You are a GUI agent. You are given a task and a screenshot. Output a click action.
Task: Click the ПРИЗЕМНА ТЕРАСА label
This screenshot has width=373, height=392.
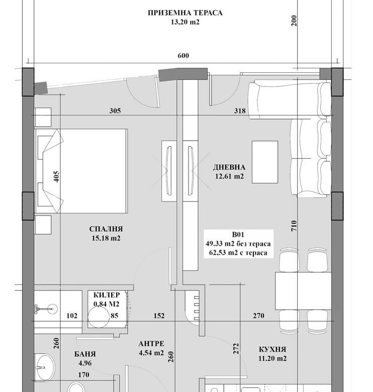click(x=184, y=13)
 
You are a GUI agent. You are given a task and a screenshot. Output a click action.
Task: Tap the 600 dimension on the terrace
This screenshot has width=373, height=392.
click(x=183, y=56)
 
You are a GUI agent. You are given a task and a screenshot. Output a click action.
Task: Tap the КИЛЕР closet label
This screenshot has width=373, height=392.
click(x=107, y=295)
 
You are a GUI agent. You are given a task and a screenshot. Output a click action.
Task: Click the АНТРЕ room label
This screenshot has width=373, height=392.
click(x=151, y=344)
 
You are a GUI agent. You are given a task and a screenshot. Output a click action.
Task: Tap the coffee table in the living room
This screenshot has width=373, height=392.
click(x=264, y=162)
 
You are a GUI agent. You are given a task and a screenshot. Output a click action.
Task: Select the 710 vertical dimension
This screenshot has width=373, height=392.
click(x=294, y=227)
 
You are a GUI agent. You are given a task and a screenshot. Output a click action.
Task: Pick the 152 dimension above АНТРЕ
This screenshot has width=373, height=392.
click(x=159, y=316)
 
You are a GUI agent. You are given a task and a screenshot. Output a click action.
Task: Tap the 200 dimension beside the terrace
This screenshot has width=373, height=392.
click(x=294, y=21)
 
